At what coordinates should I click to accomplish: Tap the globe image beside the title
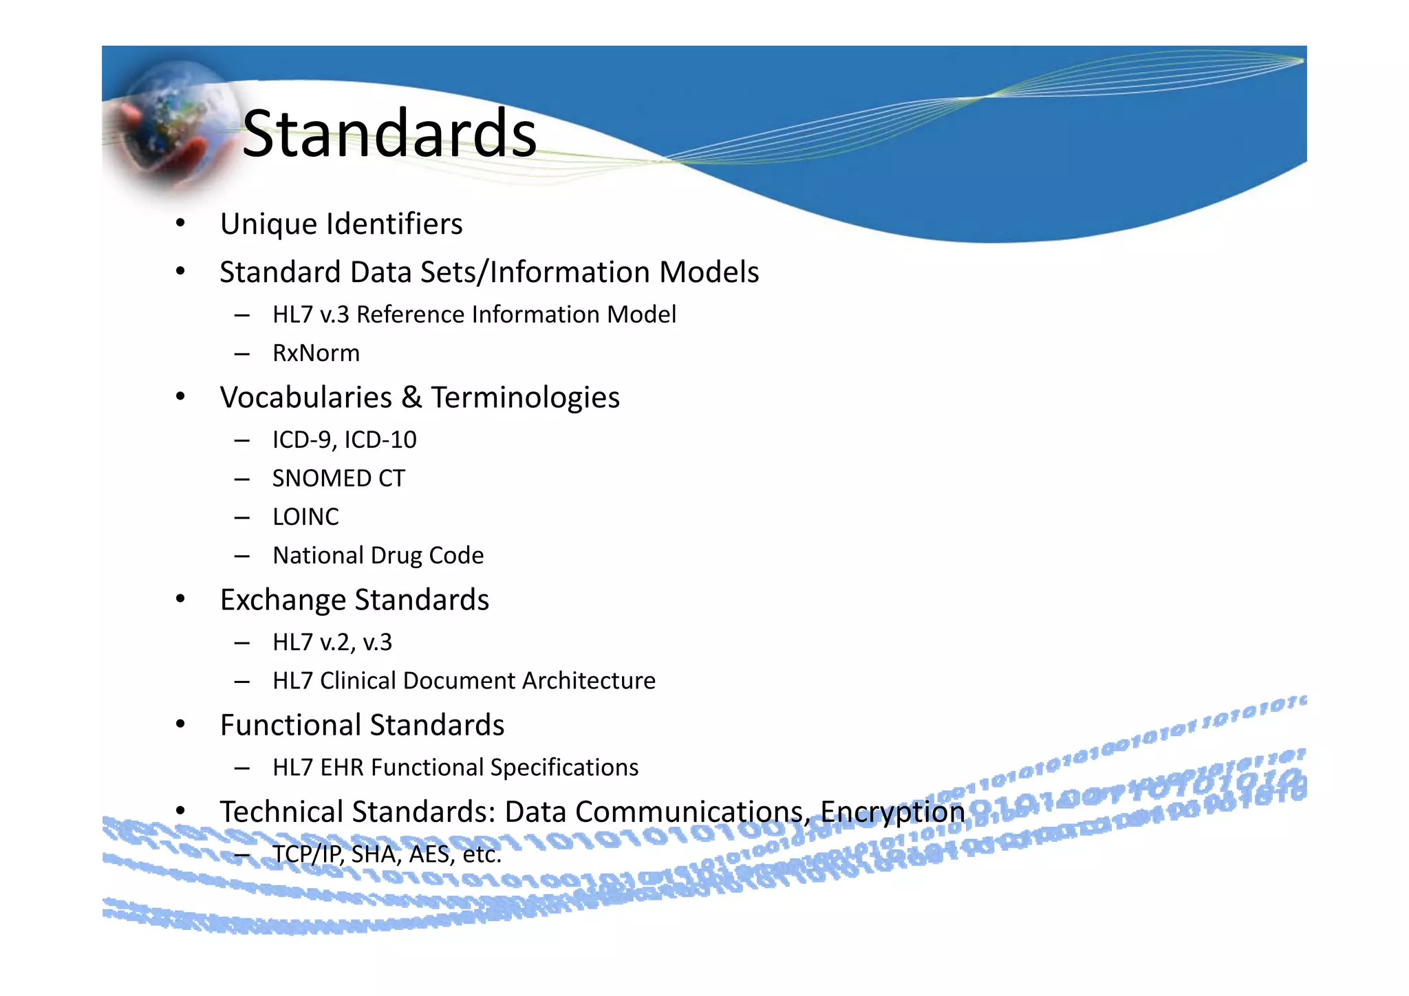tap(172, 127)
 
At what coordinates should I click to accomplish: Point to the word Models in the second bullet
tap(709, 272)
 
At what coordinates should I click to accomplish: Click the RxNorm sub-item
tap(316, 354)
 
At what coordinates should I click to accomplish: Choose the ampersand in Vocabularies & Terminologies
tap(411, 398)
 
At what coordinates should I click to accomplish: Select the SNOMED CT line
tap(338, 479)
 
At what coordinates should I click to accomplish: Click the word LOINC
tap(305, 517)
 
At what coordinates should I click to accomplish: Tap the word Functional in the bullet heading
tap(290, 726)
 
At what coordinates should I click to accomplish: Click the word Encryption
tap(892, 812)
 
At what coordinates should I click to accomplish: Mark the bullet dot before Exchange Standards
tap(180, 599)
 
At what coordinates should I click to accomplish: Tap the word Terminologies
tap(526, 398)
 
